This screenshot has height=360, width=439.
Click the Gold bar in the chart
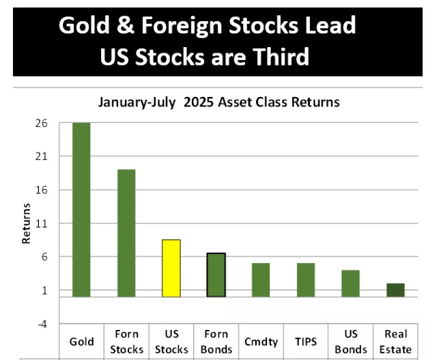coord(81,210)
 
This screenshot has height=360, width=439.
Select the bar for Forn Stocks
coord(126,233)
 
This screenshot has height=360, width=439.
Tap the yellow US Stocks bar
coord(171,268)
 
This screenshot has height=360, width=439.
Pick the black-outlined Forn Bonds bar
coord(216,275)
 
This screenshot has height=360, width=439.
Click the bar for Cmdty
coord(261,279)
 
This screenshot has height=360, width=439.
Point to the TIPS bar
coord(306,279)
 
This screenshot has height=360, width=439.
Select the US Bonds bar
coord(350,283)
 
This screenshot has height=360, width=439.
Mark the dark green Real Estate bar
coord(395,290)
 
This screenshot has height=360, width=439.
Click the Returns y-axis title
coord(27,223)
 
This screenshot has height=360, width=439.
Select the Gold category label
coord(82,342)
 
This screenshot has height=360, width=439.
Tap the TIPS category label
coord(306,342)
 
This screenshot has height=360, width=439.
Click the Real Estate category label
coord(396,342)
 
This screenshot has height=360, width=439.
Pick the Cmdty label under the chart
coord(261,342)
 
